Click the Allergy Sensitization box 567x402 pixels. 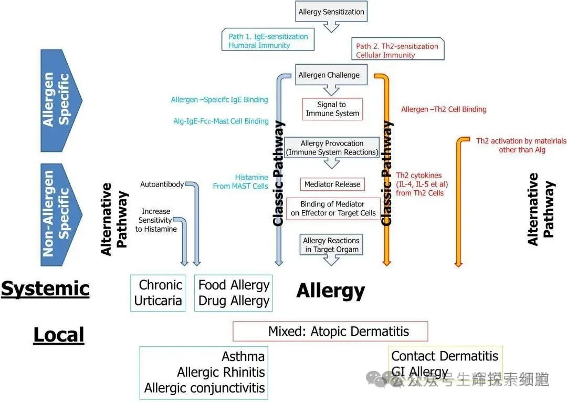pyautogui.click(x=331, y=12)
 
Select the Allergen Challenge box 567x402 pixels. pyautogui.click(x=329, y=75)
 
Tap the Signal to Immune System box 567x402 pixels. pyautogui.click(x=332, y=109)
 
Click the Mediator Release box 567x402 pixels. pyautogui.click(x=332, y=184)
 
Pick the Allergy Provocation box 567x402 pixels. pyautogui.click(x=332, y=148)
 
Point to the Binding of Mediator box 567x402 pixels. pyautogui.click(x=333, y=208)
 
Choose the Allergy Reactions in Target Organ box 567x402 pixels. pyautogui.click(x=332, y=244)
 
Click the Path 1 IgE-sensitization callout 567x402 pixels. pyautogui.click(x=268, y=40)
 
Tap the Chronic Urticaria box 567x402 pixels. pyautogui.click(x=158, y=293)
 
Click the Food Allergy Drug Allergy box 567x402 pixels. pyautogui.click(x=234, y=293)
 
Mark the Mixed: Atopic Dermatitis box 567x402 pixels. pyautogui.click(x=330, y=332)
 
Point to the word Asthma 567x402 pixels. pyautogui.click(x=243, y=356)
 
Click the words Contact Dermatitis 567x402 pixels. pyautogui.click(x=445, y=356)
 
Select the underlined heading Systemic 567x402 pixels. pyautogui.click(x=45, y=288)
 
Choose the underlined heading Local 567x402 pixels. pyautogui.click(x=58, y=335)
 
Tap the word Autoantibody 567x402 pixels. pyautogui.click(x=162, y=184)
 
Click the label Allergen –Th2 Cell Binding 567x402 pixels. pyautogui.click(x=444, y=109)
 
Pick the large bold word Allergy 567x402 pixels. pyautogui.click(x=330, y=291)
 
